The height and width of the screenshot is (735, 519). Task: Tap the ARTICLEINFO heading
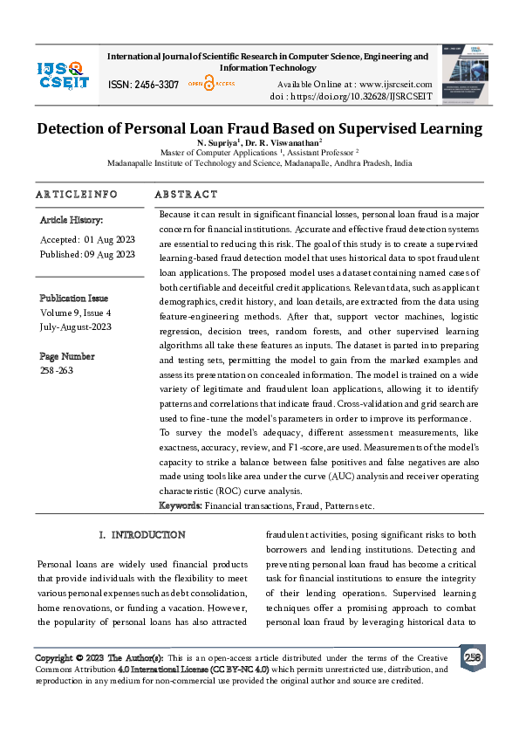tap(76, 194)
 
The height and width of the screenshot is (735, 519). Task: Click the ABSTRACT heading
tap(186, 194)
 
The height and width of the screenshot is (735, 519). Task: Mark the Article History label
tap(72, 220)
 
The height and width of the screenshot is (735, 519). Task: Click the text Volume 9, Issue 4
tap(76, 312)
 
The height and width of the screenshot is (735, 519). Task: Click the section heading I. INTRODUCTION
tap(142, 534)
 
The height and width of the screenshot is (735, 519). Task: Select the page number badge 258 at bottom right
tap(473, 656)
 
